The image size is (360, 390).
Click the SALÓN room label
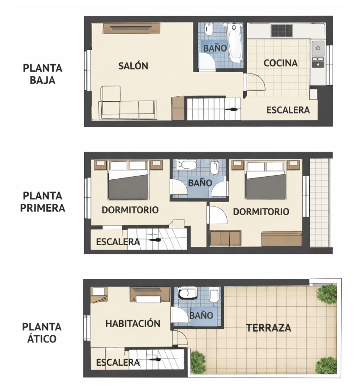[x=133, y=66]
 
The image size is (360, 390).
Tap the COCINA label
[x=280, y=63]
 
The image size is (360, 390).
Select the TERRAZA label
[x=269, y=328]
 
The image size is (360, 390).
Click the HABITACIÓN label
[x=133, y=324]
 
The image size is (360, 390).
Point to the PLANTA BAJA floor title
[x=43, y=74]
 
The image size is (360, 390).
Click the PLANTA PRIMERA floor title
[x=43, y=202]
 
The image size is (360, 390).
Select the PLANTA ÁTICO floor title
[x=42, y=333]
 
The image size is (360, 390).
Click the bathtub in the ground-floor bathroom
[x=235, y=43]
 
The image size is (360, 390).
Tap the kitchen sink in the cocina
[x=318, y=48]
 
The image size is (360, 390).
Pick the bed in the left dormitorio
[x=128, y=180]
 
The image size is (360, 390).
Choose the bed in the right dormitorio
[x=266, y=180]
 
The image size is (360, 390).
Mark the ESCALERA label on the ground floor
[x=288, y=110]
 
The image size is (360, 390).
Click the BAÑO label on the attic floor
[x=201, y=316]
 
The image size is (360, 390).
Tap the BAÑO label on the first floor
[x=200, y=183]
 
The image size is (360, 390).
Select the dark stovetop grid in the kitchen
[x=282, y=30]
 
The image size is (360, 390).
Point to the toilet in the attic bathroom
[x=214, y=295]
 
